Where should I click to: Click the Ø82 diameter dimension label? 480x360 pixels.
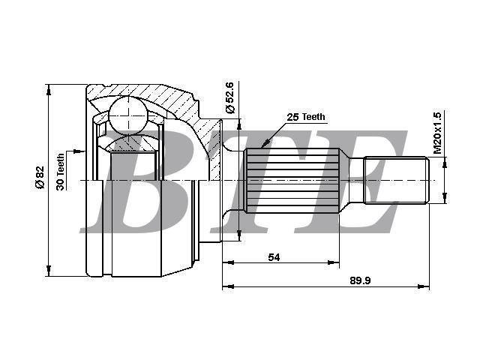(x=40, y=177)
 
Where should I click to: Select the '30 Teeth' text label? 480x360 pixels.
(x=60, y=172)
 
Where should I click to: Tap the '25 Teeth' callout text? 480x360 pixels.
(x=306, y=117)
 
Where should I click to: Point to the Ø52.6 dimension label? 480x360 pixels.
(x=229, y=97)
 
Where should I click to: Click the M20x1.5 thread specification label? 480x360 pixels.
(x=437, y=133)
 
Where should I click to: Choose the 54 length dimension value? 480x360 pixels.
(x=274, y=257)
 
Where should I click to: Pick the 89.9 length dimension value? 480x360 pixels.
(x=360, y=280)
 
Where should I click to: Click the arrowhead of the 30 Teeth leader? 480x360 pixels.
(x=82, y=151)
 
